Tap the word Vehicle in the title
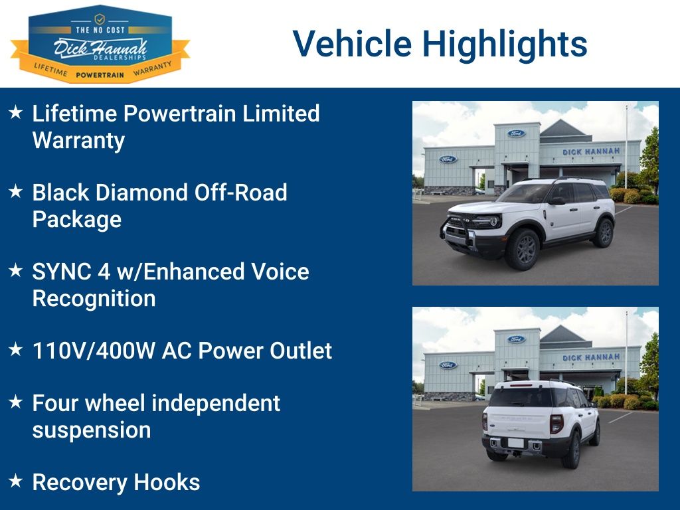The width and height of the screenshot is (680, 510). (x=352, y=43)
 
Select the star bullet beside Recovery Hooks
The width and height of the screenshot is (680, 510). (x=16, y=481)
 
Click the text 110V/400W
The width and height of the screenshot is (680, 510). (x=93, y=351)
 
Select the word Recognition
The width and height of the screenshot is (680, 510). (x=94, y=299)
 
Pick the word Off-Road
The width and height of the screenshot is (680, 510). (x=240, y=193)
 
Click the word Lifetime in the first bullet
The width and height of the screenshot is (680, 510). (x=74, y=114)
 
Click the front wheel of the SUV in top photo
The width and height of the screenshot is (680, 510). (x=522, y=250)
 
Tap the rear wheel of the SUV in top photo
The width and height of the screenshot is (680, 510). (x=604, y=232)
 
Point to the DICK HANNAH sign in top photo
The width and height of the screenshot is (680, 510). (x=591, y=151)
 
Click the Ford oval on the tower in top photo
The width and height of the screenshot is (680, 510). (x=516, y=133)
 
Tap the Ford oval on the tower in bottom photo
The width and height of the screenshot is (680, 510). (x=516, y=339)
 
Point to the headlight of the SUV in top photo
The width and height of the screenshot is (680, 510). (x=490, y=222)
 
